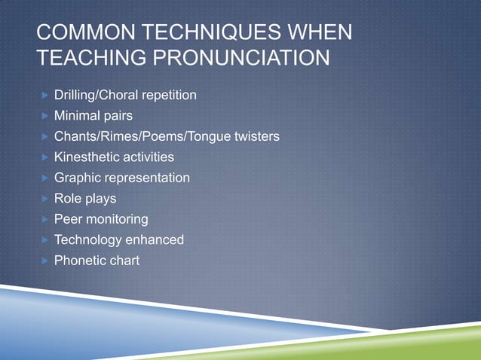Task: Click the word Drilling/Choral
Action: pos(97,96)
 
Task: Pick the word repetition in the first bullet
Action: pos(170,96)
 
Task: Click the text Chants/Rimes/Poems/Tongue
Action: pos(140,137)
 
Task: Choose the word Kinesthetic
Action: pos(86,157)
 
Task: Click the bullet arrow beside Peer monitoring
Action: pos(46,219)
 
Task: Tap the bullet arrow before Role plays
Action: pos(46,199)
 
